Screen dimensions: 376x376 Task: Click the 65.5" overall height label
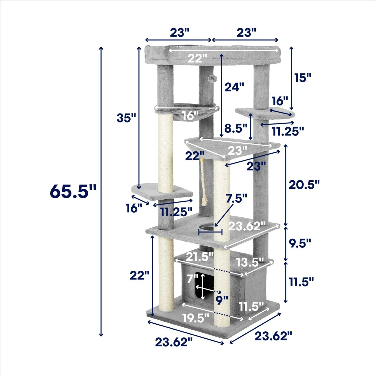click(73, 191)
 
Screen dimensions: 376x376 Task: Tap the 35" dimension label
click(126, 118)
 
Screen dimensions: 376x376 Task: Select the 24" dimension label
click(234, 87)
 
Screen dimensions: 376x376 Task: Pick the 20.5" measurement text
click(304, 185)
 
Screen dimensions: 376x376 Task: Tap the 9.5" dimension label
click(300, 243)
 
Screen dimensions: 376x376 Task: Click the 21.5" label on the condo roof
click(200, 257)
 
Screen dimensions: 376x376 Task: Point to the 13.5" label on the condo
click(250, 262)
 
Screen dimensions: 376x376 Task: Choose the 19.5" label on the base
click(196, 318)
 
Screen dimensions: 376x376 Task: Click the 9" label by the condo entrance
click(222, 300)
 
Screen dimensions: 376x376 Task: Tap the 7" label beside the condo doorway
click(192, 278)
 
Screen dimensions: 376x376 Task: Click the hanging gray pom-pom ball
click(212, 78)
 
